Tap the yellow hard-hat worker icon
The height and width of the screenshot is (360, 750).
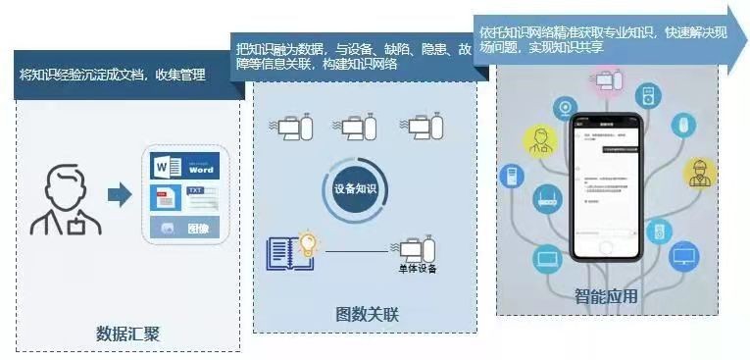tap(700, 174)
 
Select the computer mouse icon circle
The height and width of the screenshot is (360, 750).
tap(684, 125)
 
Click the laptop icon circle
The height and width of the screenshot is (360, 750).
tap(547, 259)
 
